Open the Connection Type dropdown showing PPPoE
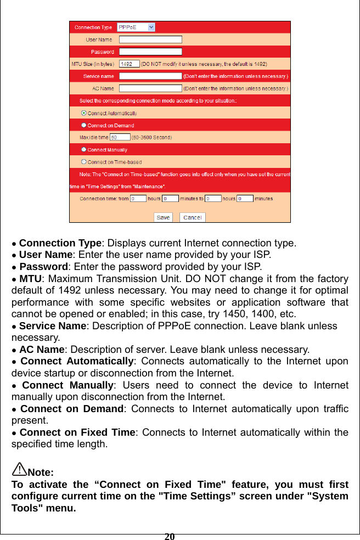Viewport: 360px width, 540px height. (x=136, y=27)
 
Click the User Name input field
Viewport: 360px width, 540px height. (x=150, y=40)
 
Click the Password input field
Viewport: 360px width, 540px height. (x=150, y=52)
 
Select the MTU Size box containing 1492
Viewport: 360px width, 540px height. (x=129, y=64)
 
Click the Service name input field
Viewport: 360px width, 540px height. (x=150, y=76)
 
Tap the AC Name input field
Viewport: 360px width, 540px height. (x=150, y=88)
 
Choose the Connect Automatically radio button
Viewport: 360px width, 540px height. (x=84, y=113)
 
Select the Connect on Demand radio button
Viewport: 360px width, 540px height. (x=84, y=125)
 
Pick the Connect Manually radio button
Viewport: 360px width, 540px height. (x=84, y=149)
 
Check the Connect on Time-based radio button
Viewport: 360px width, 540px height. (x=84, y=162)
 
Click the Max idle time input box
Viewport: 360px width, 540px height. (x=120, y=137)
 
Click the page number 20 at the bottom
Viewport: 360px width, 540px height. (x=170, y=536)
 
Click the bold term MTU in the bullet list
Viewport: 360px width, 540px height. (x=30, y=279)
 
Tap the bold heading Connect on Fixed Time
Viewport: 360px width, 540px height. (x=77, y=432)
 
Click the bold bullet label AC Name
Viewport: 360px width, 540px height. (x=42, y=350)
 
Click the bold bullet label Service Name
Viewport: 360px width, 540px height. (x=52, y=326)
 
